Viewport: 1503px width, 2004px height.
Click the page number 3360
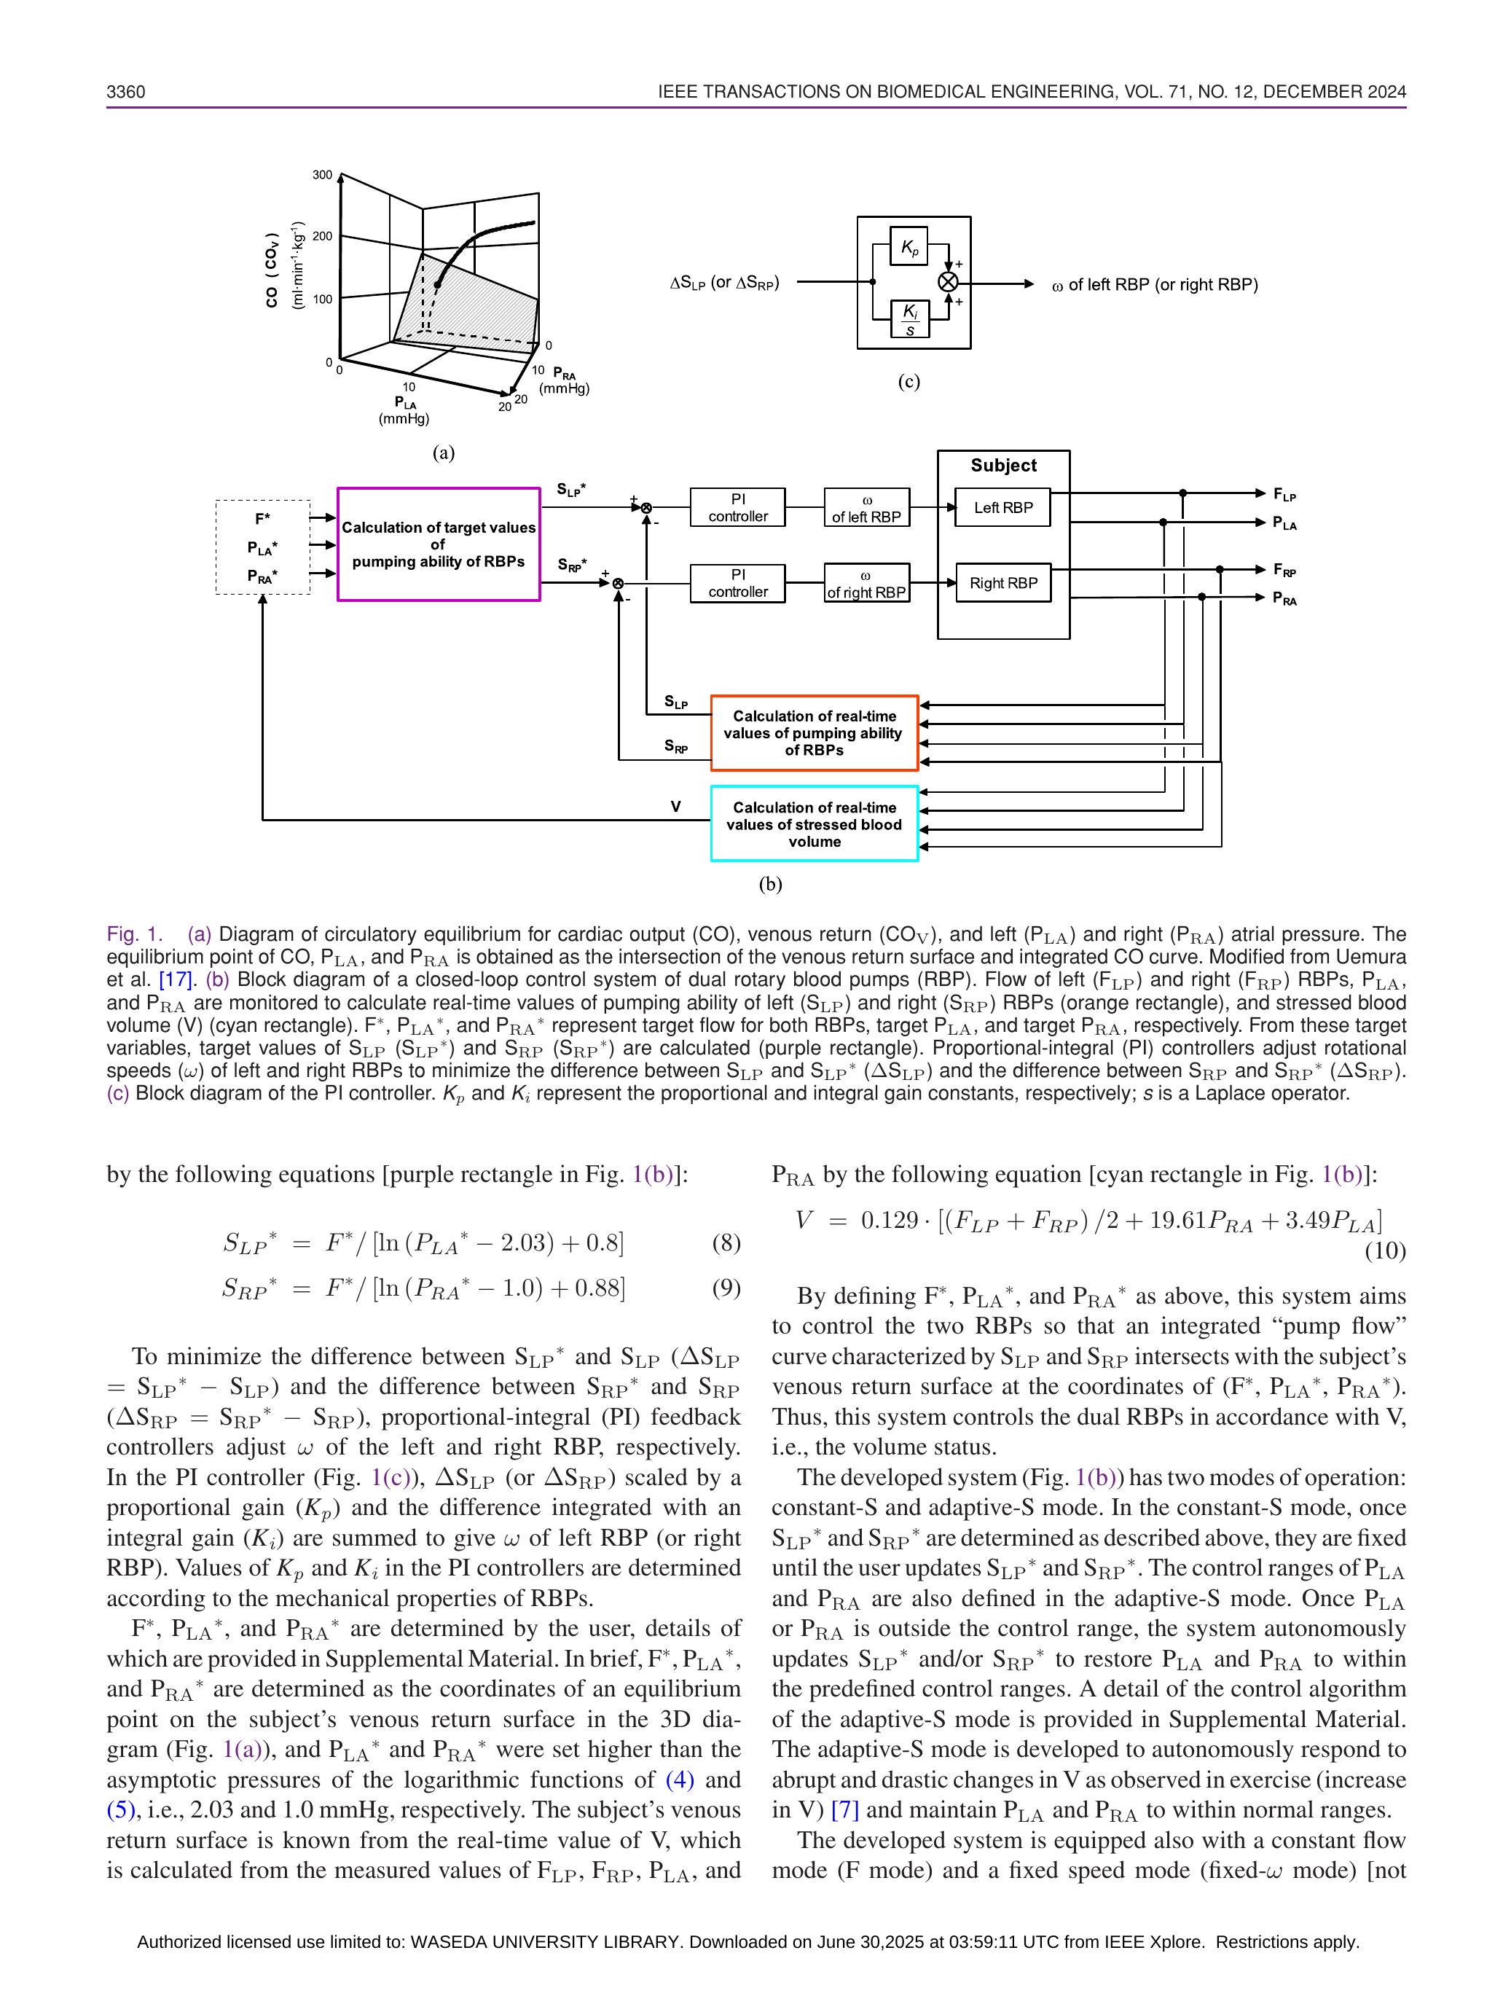pos(126,92)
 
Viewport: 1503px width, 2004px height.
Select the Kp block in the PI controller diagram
pos(909,246)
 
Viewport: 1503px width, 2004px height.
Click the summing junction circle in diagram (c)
pos(948,283)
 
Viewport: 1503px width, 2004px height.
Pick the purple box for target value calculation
pos(439,544)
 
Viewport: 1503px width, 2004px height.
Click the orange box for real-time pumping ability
pos(814,733)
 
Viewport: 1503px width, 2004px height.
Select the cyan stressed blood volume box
pos(814,823)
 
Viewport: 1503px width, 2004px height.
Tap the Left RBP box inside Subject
pos(1003,507)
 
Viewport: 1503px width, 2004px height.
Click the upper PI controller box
pos(737,507)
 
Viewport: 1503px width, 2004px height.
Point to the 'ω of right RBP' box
pos(866,584)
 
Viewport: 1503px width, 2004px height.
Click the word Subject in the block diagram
pos(1003,466)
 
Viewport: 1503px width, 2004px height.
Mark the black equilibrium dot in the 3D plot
pos(438,284)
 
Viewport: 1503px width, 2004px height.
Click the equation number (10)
pos(1385,1251)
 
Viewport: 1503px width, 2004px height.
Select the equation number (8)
pos(726,1243)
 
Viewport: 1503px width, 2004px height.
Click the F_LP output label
pos(1284,495)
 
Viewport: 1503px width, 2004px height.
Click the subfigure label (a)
pos(443,453)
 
